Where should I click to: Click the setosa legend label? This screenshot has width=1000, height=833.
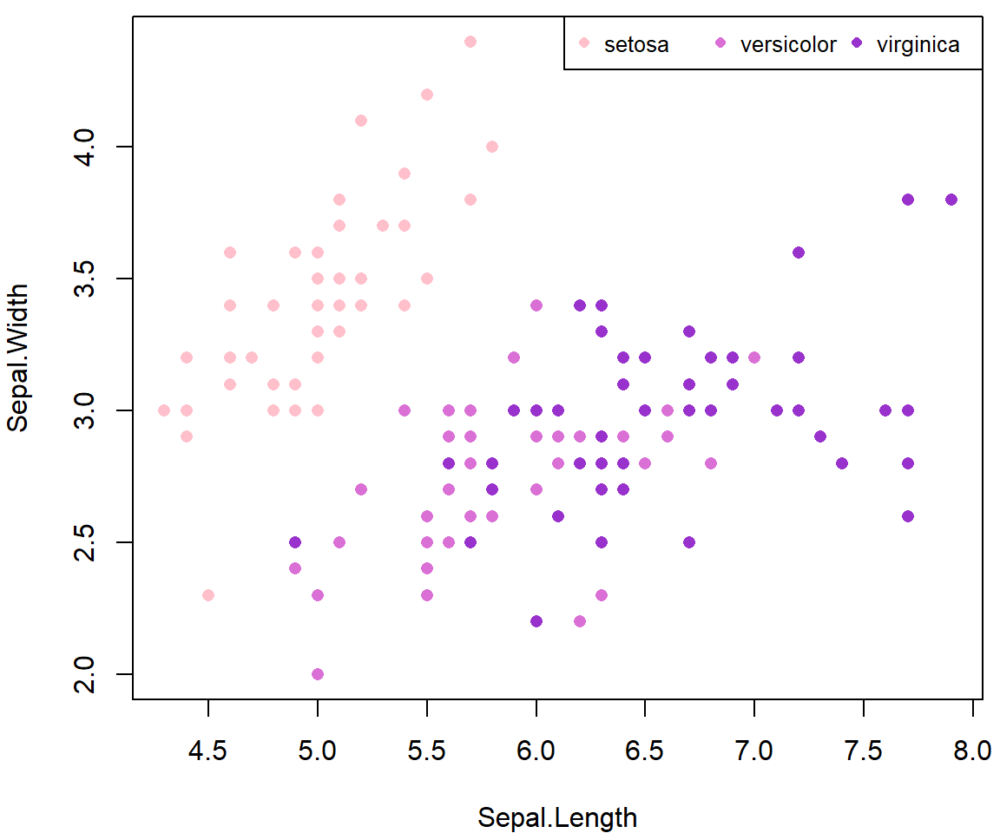click(x=636, y=44)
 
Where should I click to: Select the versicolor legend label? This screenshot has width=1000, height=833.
click(x=787, y=44)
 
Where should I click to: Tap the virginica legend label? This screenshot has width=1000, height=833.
click(x=918, y=44)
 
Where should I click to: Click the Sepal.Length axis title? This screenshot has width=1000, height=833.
click(x=557, y=817)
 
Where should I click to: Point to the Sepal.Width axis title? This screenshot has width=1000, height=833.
click(x=18, y=357)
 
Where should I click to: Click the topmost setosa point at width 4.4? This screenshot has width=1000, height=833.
click(x=470, y=42)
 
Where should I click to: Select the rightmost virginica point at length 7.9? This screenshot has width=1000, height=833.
click(x=951, y=200)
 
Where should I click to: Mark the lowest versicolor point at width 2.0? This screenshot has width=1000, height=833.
click(x=318, y=674)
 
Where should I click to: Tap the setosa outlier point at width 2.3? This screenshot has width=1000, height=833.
click(x=208, y=595)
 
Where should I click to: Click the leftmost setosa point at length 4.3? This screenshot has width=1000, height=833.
click(x=164, y=410)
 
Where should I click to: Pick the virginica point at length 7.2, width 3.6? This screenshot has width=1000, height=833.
click(x=799, y=253)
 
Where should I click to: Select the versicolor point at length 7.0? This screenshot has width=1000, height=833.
click(x=754, y=357)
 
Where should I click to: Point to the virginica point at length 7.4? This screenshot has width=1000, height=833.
click(x=841, y=463)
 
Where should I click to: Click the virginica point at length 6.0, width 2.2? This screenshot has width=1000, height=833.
click(x=536, y=621)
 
